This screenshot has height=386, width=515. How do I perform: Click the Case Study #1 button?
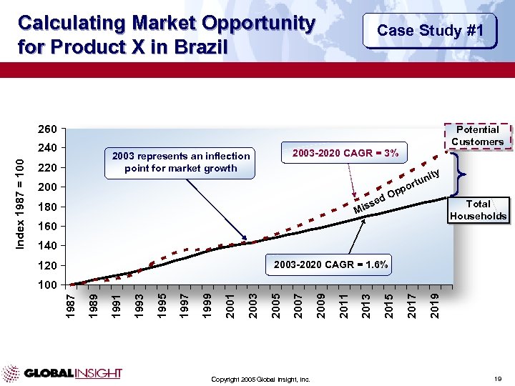tap(430, 31)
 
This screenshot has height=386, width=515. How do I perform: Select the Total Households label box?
tap(478, 210)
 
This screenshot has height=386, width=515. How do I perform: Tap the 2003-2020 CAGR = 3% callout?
tap(345, 152)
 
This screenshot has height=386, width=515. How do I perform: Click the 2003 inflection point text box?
tap(177, 162)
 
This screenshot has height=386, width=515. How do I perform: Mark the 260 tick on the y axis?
tap(47, 130)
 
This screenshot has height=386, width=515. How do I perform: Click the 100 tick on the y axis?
tap(47, 285)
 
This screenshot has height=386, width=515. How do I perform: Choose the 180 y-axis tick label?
tap(47, 207)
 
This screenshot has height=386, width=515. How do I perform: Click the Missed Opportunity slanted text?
tap(396, 192)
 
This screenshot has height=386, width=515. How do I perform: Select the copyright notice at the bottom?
tap(260, 379)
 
